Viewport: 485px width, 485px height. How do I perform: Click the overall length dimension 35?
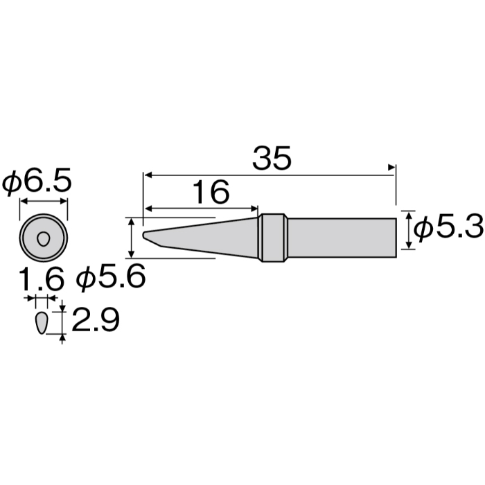click(272, 159)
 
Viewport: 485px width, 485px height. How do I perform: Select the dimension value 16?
click(210, 193)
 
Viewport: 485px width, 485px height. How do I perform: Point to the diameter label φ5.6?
click(111, 279)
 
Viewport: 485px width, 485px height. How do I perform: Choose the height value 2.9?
click(95, 321)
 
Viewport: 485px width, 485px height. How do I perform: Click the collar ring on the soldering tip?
click(273, 238)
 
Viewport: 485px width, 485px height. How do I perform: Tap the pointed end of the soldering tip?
click(145, 235)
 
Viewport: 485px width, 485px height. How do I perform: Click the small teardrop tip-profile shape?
click(41, 323)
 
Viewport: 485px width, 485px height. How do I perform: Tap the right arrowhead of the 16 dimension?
click(254, 208)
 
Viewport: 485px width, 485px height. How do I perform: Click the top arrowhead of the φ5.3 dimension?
click(409, 214)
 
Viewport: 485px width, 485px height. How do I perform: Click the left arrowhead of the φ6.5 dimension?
click(21, 202)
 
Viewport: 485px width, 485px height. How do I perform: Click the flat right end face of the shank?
click(396, 238)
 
